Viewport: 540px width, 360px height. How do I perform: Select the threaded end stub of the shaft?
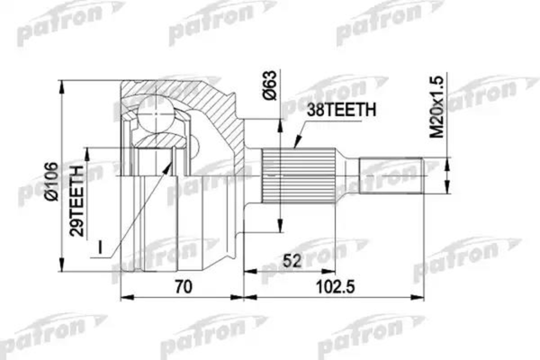pos(392,175)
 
